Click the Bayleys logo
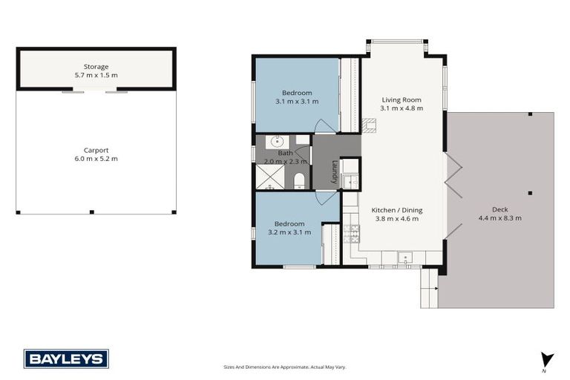(x=66, y=358)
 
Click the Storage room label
(x=96, y=67)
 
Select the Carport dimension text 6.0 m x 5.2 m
(x=96, y=158)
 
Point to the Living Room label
(x=402, y=99)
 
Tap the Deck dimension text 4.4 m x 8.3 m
(x=499, y=217)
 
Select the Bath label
(x=285, y=153)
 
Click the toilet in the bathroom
(x=300, y=180)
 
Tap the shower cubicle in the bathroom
(x=269, y=177)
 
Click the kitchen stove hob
(x=353, y=234)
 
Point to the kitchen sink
(x=405, y=258)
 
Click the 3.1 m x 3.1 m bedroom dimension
(x=296, y=101)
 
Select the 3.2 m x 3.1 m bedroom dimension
(x=289, y=232)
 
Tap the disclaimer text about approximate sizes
(x=285, y=367)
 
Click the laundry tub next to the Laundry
(x=351, y=181)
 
